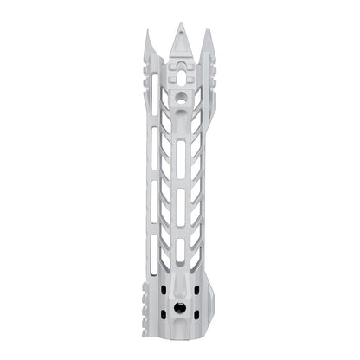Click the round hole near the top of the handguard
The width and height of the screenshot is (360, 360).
click(181, 100)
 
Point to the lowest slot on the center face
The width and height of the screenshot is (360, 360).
click(181, 251)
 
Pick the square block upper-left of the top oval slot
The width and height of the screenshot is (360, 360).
click(171, 62)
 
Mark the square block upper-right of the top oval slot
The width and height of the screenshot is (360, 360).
click(190, 62)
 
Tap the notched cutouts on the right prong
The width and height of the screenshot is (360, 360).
click(211, 74)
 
